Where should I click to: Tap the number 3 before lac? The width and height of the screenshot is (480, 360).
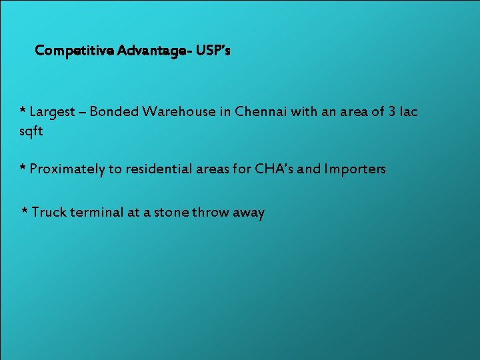coord(393,111)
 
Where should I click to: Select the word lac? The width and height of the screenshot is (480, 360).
coord(408,111)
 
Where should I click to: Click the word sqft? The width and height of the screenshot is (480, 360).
coord(31,131)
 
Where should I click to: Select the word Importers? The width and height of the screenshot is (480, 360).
coord(355,169)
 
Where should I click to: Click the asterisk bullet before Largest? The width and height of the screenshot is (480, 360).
coord(23,110)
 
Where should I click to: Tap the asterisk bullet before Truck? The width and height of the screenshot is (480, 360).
coord(25,211)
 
